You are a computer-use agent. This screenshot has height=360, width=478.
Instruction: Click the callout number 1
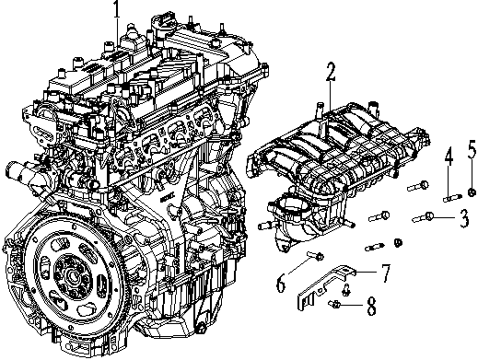click(117, 11)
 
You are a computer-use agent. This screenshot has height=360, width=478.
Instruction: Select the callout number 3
click(464, 218)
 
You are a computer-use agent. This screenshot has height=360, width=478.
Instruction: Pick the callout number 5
click(471, 150)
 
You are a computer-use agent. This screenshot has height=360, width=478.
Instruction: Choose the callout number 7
click(386, 272)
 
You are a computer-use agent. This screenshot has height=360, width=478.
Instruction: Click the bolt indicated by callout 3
click(429, 216)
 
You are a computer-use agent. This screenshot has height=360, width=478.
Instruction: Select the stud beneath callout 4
click(449, 194)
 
